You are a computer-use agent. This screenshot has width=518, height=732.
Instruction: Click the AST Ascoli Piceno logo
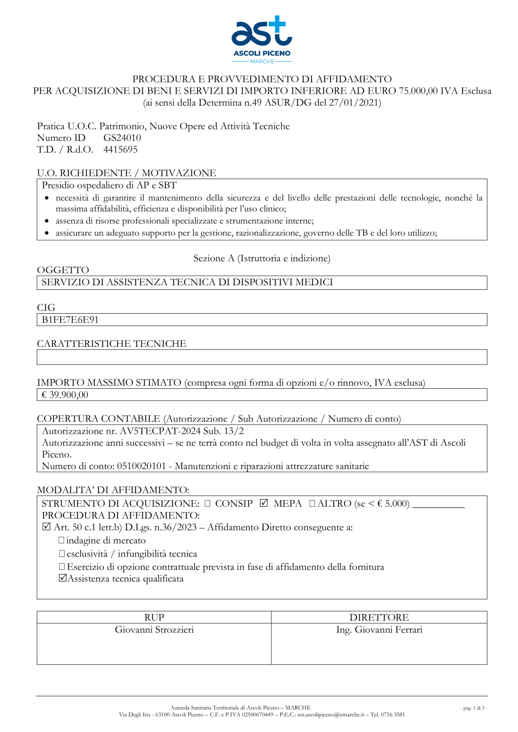point(262,39)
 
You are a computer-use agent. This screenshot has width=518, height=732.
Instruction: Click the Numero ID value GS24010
point(122,138)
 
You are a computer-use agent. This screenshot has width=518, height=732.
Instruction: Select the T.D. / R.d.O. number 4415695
point(120,150)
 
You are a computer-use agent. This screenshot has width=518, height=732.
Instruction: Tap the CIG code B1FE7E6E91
point(70,320)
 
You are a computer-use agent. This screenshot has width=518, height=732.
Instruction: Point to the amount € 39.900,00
point(65,395)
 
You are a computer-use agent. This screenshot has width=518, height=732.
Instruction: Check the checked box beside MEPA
point(264,503)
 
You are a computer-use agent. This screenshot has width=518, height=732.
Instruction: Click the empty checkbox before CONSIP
point(207,503)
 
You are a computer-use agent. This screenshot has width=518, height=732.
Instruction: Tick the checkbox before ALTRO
point(312,503)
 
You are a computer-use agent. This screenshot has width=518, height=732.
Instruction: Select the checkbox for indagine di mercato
point(62,540)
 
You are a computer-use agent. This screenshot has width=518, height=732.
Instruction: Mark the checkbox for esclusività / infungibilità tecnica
point(62,553)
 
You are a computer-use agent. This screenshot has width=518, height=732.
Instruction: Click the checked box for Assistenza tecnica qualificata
point(63,578)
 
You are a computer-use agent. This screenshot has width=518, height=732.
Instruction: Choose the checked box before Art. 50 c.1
point(46,527)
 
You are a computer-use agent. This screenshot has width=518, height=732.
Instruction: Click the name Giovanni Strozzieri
point(154,629)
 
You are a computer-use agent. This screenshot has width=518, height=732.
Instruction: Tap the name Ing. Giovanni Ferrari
point(379,629)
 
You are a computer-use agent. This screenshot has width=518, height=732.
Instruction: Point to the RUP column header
point(154,617)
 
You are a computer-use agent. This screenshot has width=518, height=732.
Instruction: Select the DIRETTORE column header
point(379,617)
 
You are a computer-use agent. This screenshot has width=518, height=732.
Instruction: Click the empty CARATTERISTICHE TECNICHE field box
point(262,357)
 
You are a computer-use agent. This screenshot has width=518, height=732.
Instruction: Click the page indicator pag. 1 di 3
point(473,708)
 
